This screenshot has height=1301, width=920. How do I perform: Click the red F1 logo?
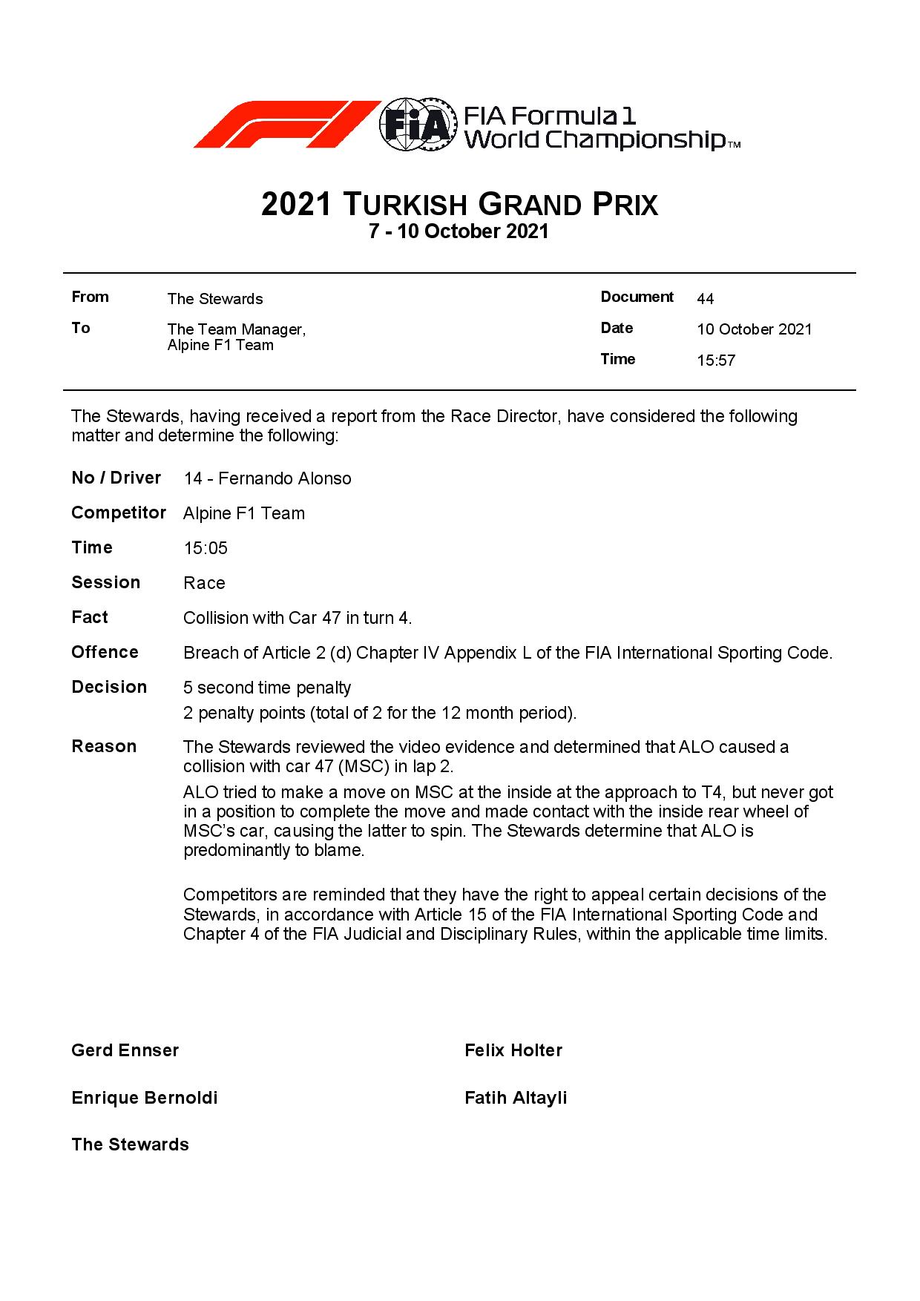[x=286, y=125]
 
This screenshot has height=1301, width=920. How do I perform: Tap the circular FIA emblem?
[x=416, y=125]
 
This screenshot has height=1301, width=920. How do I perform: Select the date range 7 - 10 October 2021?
[x=459, y=231]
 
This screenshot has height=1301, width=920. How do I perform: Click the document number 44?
[x=705, y=299]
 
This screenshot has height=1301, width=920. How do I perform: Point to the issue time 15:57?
[x=716, y=361]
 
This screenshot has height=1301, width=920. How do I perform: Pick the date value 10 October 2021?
[x=754, y=329]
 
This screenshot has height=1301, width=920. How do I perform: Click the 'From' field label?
[x=90, y=297]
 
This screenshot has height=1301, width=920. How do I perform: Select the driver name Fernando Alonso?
[x=285, y=478]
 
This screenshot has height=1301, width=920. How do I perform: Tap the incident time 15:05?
[x=206, y=548]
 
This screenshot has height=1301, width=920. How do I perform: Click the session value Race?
[x=204, y=583]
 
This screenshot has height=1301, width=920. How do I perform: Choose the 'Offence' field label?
[x=105, y=652]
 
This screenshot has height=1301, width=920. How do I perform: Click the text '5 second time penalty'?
[x=267, y=688]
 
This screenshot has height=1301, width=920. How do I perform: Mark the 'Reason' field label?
[x=104, y=746]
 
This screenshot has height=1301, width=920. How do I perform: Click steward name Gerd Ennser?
[x=125, y=1050]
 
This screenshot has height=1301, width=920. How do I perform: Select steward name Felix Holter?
[x=513, y=1050]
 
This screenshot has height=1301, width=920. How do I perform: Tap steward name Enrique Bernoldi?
[x=145, y=1098]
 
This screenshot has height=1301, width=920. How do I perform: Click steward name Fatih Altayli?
[x=516, y=1098]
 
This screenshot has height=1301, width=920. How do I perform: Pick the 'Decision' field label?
[x=109, y=687]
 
